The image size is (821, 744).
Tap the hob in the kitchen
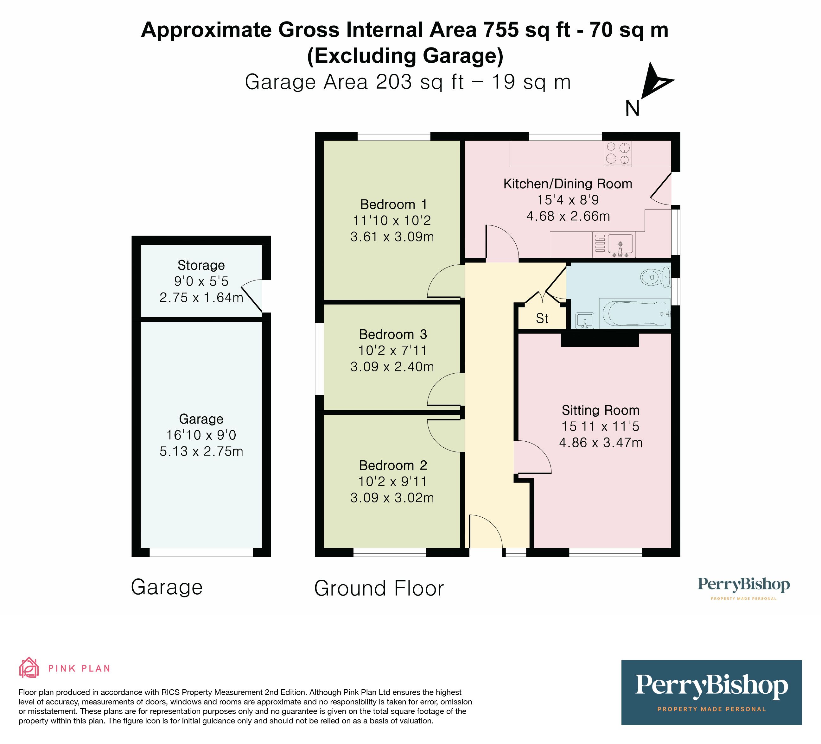[x=617, y=154]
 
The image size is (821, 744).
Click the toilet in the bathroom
[x=655, y=278]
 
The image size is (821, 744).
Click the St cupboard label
[x=542, y=318]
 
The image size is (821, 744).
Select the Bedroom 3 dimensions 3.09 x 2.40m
[x=392, y=367]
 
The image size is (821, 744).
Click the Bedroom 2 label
[x=393, y=465]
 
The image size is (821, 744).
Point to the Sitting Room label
[x=601, y=410]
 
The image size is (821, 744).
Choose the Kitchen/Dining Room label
[x=568, y=184]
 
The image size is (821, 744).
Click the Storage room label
[x=201, y=265]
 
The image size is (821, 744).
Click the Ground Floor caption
[x=379, y=589]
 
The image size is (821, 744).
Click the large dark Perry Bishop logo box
[x=711, y=693]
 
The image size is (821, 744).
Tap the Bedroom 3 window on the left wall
[x=319, y=359]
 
